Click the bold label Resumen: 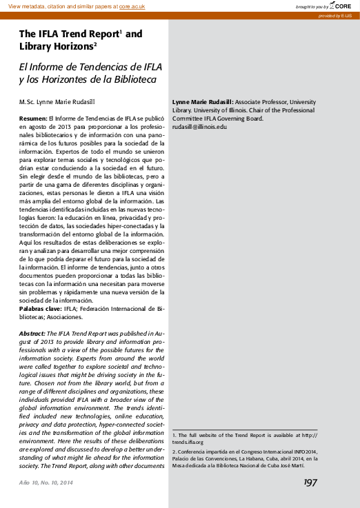click(x=33, y=119)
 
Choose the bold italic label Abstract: click(x=33, y=332)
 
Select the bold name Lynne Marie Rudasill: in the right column click(x=203, y=101)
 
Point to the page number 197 click(x=310, y=482)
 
